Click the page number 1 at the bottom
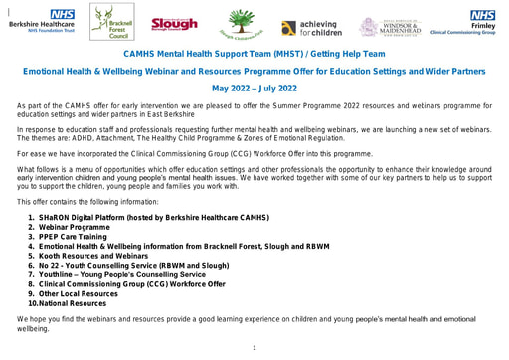(x=254, y=348)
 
